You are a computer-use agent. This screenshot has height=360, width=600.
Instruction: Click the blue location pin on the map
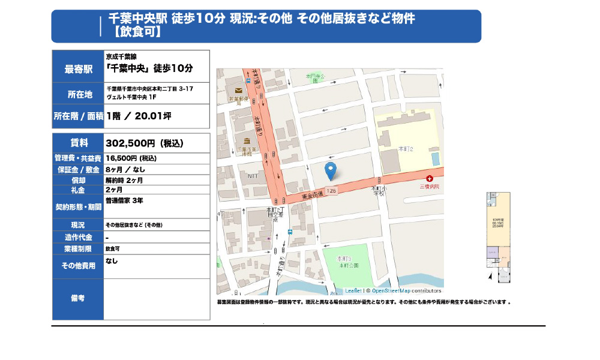coord(329,170)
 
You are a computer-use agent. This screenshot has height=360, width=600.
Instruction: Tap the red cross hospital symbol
coord(430,179)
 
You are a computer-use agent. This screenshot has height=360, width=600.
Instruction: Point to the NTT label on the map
coord(253,176)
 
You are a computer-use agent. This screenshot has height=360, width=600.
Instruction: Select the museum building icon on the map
coord(247,142)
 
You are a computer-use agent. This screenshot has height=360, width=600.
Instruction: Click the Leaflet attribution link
coord(353,290)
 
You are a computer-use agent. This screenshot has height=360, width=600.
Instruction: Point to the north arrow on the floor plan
coord(491,277)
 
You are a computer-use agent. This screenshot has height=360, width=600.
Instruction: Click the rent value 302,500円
coord(144,143)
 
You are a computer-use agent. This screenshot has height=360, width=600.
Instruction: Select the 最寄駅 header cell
coord(79,69)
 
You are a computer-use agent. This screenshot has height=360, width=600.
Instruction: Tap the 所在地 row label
coord(79,94)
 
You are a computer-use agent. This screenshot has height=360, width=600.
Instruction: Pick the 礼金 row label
coord(79,190)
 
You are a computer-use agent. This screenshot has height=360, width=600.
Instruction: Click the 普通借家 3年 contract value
coord(124,200)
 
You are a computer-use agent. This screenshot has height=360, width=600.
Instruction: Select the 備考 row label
coord(79,298)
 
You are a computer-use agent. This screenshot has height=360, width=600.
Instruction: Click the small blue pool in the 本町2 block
coord(435,158)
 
